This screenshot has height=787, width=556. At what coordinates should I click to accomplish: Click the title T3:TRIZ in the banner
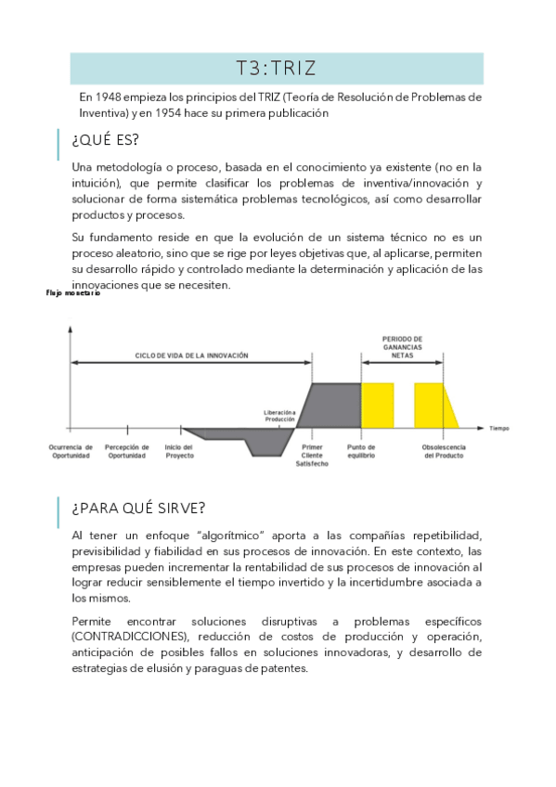click(x=277, y=68)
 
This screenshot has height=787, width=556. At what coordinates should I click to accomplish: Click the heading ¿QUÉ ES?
click(x=105, y=139)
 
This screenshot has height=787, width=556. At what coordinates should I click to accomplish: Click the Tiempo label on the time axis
click(x=499, y=428)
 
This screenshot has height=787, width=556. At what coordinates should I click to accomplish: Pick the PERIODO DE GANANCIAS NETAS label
click(x=402, y=346)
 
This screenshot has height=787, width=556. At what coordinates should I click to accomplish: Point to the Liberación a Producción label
click(x=280, y=416)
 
